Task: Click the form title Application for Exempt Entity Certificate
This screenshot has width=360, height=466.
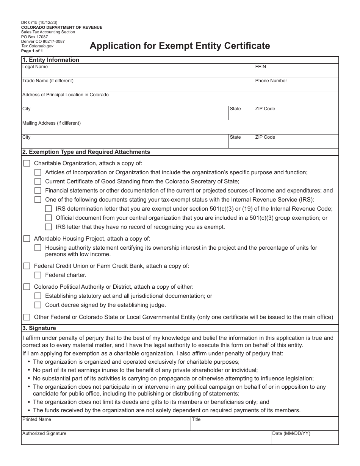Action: click(180, 46)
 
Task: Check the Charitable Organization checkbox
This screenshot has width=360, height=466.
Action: click(27, 163)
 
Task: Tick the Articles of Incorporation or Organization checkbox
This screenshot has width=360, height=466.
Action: click(38, 172)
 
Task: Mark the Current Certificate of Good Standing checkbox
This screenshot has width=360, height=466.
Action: click(38, 181)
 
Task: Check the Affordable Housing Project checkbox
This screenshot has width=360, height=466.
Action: click(27, 239)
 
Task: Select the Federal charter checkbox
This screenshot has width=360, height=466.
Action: click(38, 275)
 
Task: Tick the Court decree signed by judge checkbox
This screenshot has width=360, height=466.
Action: click(38, 305)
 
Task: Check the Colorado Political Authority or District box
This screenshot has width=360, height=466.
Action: click(27, 287)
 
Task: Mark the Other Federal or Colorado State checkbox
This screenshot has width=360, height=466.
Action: click(27, 317)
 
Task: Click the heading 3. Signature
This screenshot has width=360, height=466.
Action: click(39, 328)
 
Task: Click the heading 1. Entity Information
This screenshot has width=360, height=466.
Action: click(51, 60)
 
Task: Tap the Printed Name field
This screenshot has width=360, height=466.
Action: click(106, 424)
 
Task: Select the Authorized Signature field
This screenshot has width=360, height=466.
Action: click(146, 438)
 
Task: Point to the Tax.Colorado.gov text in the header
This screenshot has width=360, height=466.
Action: click(38, 46)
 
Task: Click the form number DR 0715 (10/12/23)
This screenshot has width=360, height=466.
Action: click(39, 23)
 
